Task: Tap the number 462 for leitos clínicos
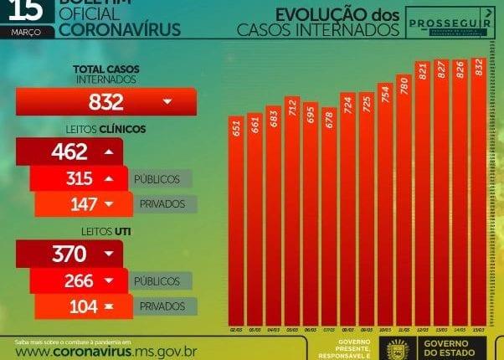69,152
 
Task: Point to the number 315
78,178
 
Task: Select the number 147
81,203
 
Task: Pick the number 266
78,280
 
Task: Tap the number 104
81,306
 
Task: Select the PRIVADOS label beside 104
162,306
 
